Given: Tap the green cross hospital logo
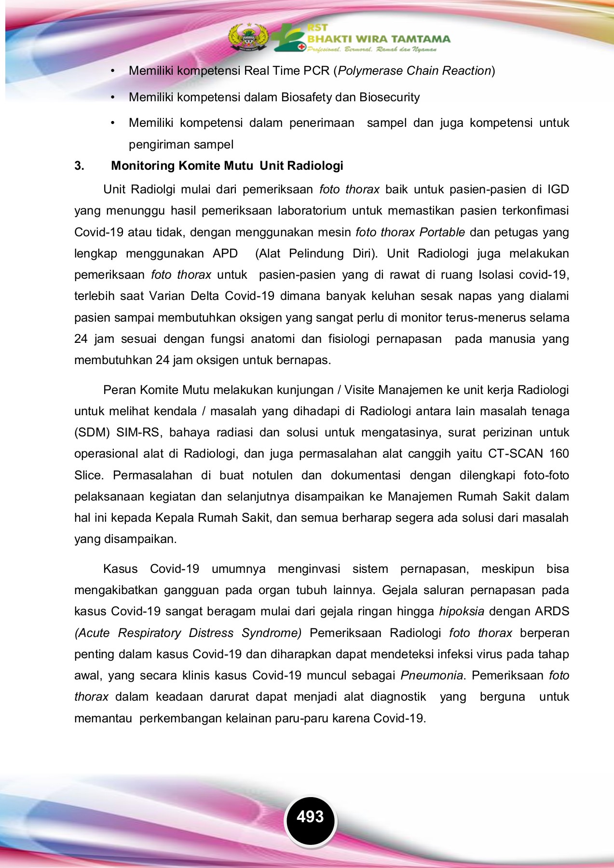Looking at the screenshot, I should click(288, 38).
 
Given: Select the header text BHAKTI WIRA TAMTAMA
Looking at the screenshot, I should click(379, 39).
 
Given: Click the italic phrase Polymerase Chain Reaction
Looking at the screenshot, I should click(414, 71).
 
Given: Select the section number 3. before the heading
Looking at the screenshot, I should click(79, 166).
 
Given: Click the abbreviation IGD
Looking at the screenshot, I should click(558, 190).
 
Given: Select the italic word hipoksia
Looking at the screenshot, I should click(461, 611).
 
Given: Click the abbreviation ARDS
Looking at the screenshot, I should click(552, 611).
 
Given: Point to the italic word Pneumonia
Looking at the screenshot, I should click(432, 676).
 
